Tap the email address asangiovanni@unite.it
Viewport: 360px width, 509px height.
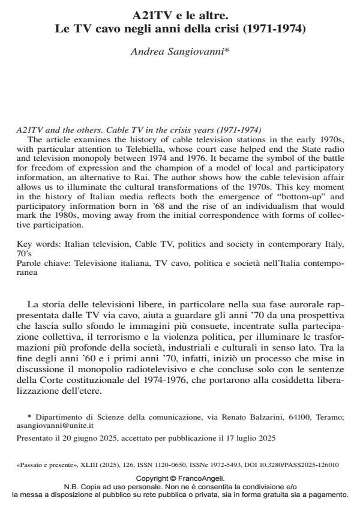[x=47, y=424]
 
